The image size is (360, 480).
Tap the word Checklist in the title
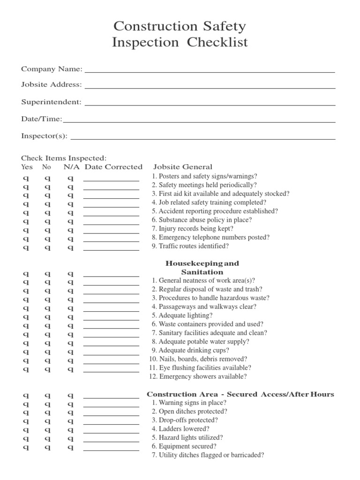(217, 43)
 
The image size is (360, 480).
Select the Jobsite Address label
(51, 85)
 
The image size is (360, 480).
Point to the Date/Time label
(41, 119)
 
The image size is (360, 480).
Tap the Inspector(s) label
(44, 136)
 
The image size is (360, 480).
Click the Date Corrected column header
(113, 167)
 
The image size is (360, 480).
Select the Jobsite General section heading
(182, 167)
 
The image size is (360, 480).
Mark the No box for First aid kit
(47, 195)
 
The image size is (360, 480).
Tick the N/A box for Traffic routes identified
(70, 247)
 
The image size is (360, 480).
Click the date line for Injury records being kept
(111, 232)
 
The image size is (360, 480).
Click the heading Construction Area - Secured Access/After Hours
(240, 394)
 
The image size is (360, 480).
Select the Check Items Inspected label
(64, 158)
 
